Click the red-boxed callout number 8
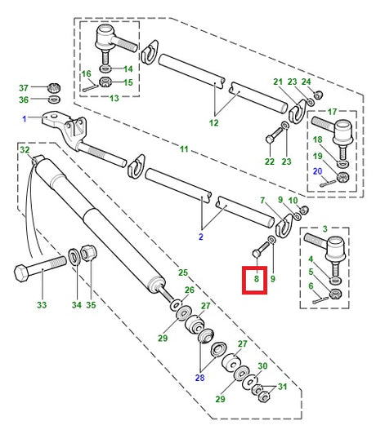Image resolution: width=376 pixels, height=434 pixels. pyautogui.click(x=256, y=278)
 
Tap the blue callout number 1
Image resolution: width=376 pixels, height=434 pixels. pyautogui.click(x=25, y=119)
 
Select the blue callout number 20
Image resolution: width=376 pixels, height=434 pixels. pyautogui.click(x=317, y=171)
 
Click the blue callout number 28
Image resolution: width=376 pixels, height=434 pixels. pyautogui.click(x=199, y=377)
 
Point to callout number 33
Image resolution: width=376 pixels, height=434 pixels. pyautogui.click(x=42, y=305)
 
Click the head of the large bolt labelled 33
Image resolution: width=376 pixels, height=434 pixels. pyautogui.click(x=20, y=273)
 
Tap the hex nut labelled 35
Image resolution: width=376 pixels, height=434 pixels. pyautogui.click(x=88, y=253)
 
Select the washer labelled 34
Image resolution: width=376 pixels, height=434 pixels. pyautogui.click(x=74, y=256)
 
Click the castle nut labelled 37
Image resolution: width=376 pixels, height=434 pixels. pyautogui.click(x=54, y=88)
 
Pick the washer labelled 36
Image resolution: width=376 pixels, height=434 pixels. pyautogui.click(x=54, y=99)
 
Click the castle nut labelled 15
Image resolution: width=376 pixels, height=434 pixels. pyautogui.click(x=105, y=82)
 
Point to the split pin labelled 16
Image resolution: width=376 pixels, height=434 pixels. pyautogui.click(x=90, y=88)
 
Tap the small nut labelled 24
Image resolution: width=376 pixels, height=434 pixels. pyautogui.click(x=318, y=95)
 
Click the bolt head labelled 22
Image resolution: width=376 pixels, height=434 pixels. pyautogui.click(x=269, y=139)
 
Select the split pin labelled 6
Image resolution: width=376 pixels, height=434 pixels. pyautogui.click(x=320, y=300)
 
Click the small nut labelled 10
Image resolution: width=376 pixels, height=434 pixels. pyautogui.click(x=304, y=210)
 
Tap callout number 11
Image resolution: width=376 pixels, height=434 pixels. pyautogui.click(x=184, y=149)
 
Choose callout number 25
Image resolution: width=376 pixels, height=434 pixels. pyautogui.click(x=183, y=272)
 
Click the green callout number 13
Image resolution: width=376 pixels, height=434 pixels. pyautogui.click(x=114, y=98)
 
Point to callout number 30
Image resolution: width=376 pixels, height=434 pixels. pyautogui.click(x=262, y=366)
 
